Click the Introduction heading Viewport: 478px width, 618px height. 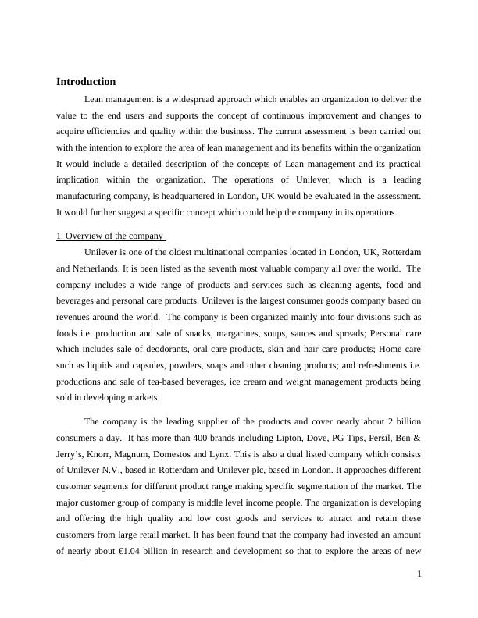tap(86, 82)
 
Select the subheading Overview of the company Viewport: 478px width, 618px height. tap(110, 236)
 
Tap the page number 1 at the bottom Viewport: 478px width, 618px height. tap(419, 574)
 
